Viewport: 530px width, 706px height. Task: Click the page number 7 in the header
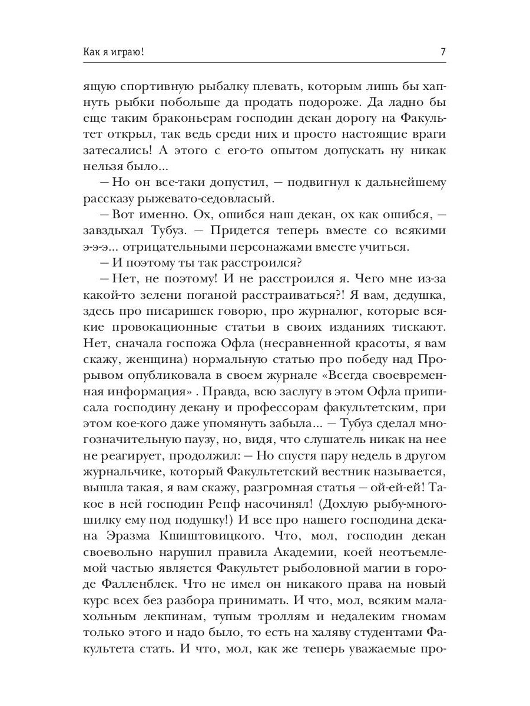[442, 52]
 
